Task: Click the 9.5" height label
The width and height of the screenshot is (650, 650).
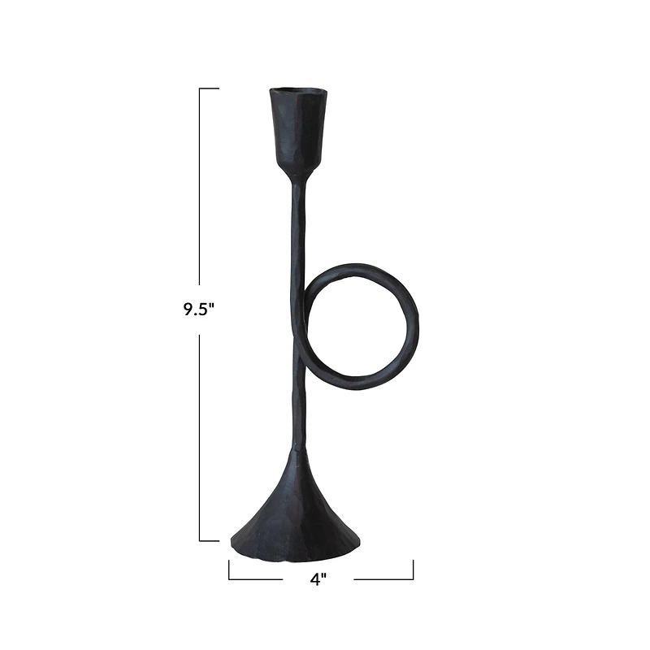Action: click(x=198, y=310)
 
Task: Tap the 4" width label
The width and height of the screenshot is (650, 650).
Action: click(x=318, y=578)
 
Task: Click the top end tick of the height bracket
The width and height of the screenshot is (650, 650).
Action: click(x=209, y=88)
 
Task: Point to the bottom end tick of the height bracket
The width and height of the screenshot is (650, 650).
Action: click(x=209, y=540)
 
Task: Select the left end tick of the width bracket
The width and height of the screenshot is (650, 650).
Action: click(x=229, y=570)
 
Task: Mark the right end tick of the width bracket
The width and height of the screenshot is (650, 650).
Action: click(x=413, y=570)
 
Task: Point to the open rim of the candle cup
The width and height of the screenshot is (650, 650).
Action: click(x=297, y=89)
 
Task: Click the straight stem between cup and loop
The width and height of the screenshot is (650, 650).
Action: click(x=297, y=227)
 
